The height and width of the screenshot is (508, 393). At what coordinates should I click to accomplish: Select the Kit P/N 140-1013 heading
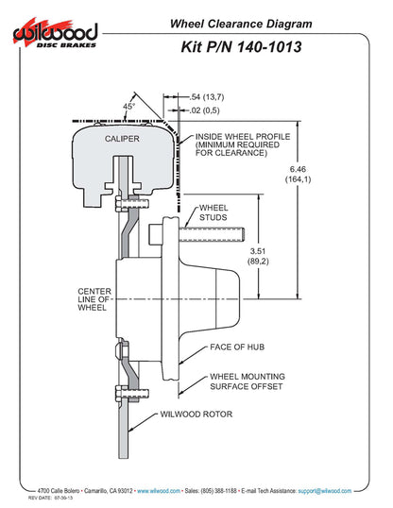click(x=242, y=46)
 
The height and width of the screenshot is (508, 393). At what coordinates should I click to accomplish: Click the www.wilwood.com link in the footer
click(x=160, y=491)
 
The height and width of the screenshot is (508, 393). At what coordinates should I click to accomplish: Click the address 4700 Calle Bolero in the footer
click(x=58, y=491)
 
